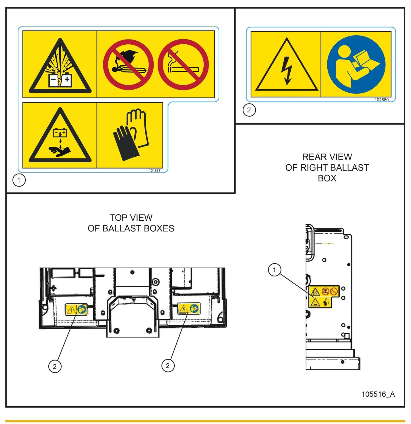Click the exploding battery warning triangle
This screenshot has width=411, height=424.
pyautogui.click(x=60, y=66)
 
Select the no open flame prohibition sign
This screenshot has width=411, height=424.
pyautogui.click(x=128, y=65)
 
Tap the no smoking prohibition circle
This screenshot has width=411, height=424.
pyautogui.click(x=183, y=65)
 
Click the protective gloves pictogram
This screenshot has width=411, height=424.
pyautogui.click(x=131, y=135)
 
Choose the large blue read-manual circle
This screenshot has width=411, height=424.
pyautogui.click(x=356, y=65)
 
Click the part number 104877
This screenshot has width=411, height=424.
pyautogui.click(x=155, y=171)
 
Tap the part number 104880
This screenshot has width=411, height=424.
pyautogui.click(x=381, y=100)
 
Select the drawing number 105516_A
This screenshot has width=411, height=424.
pyautogui.click(x=378, y=394)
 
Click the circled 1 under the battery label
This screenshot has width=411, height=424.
pyautogui.click(x=19, y=180)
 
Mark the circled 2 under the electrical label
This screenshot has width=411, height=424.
pyautogui.click(x=249, y=110)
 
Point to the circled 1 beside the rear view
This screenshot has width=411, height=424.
pyautogui.click(x=274, y=270)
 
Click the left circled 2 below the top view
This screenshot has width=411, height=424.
pyautogui.click(x=55, y=366)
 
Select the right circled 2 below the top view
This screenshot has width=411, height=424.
pyautogui.click(x=168, y=366)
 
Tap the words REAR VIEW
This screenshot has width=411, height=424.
pyautogui.click(x=327, y=157)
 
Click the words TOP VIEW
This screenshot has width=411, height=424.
pyautogui.click(x=131, y=218)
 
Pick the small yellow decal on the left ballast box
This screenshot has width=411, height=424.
pyautogui.click(x=76, y=309)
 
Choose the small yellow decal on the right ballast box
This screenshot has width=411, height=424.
pyautogui.click(x=189, y=308)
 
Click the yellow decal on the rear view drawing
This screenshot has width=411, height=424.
pyautogui.click(x=324, y=296)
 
